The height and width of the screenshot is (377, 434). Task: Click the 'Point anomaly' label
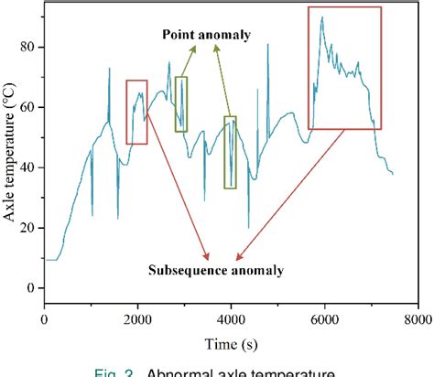tap(207, 35)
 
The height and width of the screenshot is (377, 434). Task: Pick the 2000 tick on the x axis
tap(137, 320)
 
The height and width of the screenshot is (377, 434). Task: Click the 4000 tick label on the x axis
tap(231, 320)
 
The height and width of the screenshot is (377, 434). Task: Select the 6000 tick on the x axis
tap(324, 320)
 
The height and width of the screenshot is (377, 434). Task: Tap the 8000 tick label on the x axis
tap(417, 320)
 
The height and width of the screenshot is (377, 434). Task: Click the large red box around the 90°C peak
tap(345, 68)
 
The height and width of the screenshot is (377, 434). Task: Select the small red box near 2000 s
tap(136, 112)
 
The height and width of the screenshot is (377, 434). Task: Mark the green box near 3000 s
tap(180, 104)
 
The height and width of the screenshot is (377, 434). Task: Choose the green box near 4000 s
tap(230, 152)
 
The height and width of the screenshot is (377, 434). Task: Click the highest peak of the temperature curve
tap(321, 17)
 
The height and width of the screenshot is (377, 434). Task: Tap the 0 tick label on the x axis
tap(44, 320)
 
